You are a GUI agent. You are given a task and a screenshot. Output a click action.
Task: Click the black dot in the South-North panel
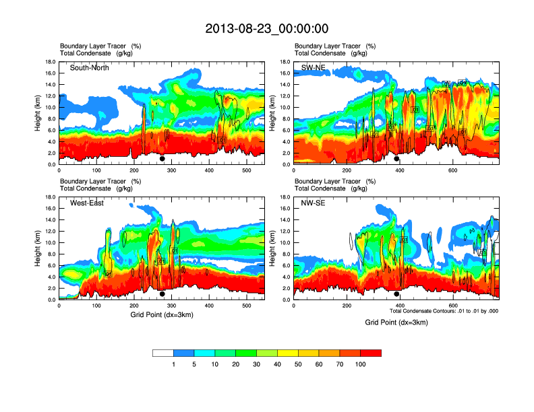(x=162, y=159)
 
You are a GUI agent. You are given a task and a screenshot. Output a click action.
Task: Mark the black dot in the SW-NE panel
(x=396, y=159)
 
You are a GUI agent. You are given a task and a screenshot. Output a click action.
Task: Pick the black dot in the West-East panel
(x=162, y=294)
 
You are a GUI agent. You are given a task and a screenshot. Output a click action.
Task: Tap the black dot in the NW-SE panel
(x=396, y=294)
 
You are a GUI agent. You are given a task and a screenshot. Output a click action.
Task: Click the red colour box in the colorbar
(x=371, y=353)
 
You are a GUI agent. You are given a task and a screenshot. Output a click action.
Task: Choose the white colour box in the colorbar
(x=163, y=353)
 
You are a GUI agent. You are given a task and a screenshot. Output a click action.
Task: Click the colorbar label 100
(x=361, y=364)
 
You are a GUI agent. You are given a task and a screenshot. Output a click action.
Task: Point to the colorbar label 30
(x=257, y=364)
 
